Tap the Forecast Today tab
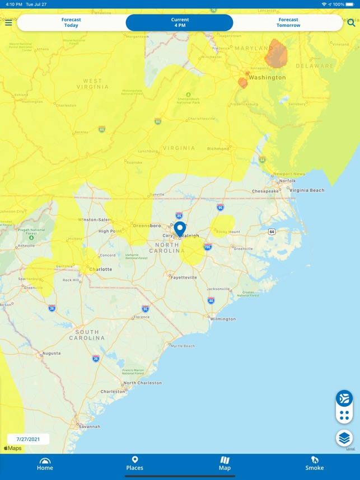click(71, 22)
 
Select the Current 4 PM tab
click(180, 22)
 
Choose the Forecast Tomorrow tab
click(288, 22)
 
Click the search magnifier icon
click(351, 23)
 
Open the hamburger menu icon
click(8, 23)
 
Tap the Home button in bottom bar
click(45, 463)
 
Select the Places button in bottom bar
click(134, 463)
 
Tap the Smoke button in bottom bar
click(314, 463)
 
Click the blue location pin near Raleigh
click(180, 229)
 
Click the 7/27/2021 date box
click(28, 439)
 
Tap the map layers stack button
click(344, 437)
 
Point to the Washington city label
click(267, 78)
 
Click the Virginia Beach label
click(306, 190)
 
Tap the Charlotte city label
click(101, 269)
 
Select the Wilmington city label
click(223, 319)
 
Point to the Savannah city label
click(89, 426)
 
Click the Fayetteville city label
click(184, 277)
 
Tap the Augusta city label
click(51, 354)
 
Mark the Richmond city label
click(218, 149)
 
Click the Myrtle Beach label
click(183, 346)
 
